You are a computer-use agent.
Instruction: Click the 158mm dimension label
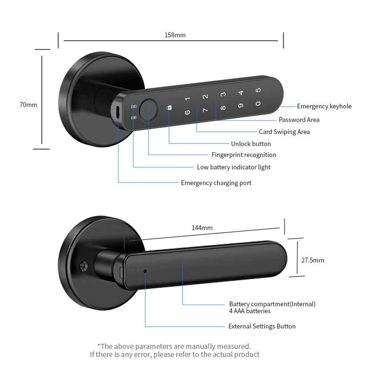click(175, 35)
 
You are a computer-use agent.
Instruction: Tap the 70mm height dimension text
click(29, 104)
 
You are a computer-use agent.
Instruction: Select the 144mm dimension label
click(202, 228)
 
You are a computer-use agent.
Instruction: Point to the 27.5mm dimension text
click(313, 260)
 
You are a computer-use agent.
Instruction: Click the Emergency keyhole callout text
click(324, 106)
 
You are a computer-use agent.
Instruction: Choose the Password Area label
click(299, 120)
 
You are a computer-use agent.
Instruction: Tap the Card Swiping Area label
click(284, 132)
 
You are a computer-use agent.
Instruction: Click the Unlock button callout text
click(251, 144)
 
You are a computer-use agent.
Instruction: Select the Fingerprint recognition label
click(244, 155)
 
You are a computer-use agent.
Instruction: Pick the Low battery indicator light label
click(233, 167)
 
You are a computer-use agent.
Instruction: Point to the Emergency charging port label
click(216, 183)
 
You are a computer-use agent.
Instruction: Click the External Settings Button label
click(262, 326)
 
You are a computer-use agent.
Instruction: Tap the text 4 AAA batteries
click(250, 311)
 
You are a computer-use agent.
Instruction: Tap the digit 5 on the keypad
click(258, 90)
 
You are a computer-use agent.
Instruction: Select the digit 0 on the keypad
click(258, 103)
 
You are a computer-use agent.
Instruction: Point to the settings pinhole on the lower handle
click(145, 271)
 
